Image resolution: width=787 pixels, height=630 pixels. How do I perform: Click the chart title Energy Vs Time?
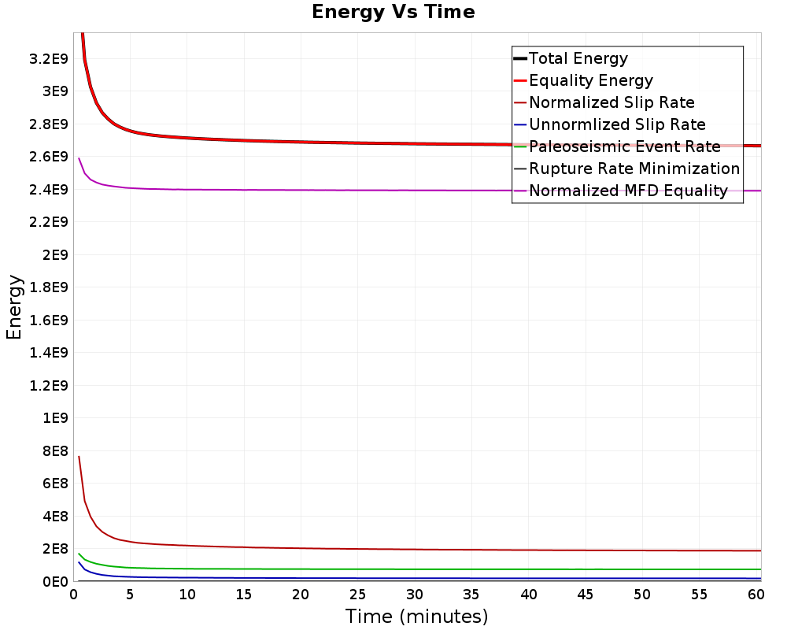point(393,12)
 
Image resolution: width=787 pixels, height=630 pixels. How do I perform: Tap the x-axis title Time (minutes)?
point(416,616)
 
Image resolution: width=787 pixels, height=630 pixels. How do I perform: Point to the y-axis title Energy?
point(14,307)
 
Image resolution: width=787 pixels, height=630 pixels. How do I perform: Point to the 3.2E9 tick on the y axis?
point(49,59)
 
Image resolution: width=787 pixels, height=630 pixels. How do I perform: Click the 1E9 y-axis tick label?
point(55,418)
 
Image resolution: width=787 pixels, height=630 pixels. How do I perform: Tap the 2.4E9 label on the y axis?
point(49,190)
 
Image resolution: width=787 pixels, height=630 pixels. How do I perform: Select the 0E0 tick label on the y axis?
point(55,582)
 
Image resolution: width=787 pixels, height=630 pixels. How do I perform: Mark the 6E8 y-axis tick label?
point(55,484)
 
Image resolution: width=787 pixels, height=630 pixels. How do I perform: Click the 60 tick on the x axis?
point(756,595)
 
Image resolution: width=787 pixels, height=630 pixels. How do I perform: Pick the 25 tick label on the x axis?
point(357,595)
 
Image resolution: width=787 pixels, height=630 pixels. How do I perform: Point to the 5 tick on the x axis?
point(130,595)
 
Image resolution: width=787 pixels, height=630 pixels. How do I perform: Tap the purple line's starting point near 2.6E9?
point(79,158)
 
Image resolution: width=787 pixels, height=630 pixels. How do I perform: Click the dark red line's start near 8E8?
point(79,456)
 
